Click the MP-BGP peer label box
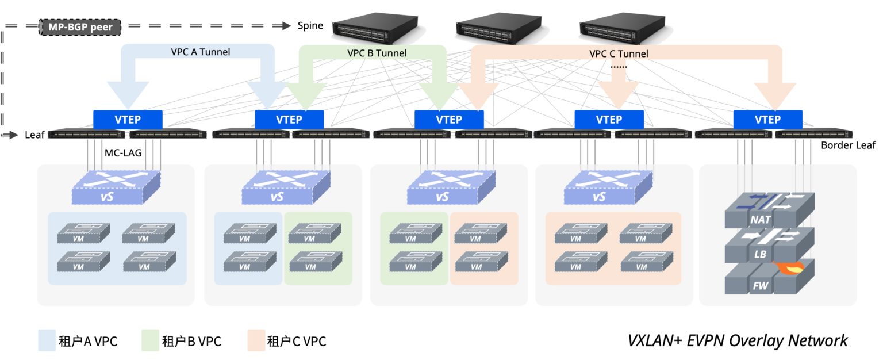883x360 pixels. (80, 26)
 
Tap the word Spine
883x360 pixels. (310, 26)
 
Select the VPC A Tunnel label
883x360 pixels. (200, 52)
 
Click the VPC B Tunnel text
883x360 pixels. (377, 53)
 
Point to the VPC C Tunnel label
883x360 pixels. (619, 53)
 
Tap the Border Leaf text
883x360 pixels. (848, 145)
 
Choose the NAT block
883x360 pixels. (760, 219)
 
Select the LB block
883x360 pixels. (760, 253)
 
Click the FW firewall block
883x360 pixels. (758, 286)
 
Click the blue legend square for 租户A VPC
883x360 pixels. (47, 340)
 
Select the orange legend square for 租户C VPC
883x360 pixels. (256, 340)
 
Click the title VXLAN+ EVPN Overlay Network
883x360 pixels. (737, 340)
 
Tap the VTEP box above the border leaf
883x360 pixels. (767, 120)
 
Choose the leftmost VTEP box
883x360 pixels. (128, 120)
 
